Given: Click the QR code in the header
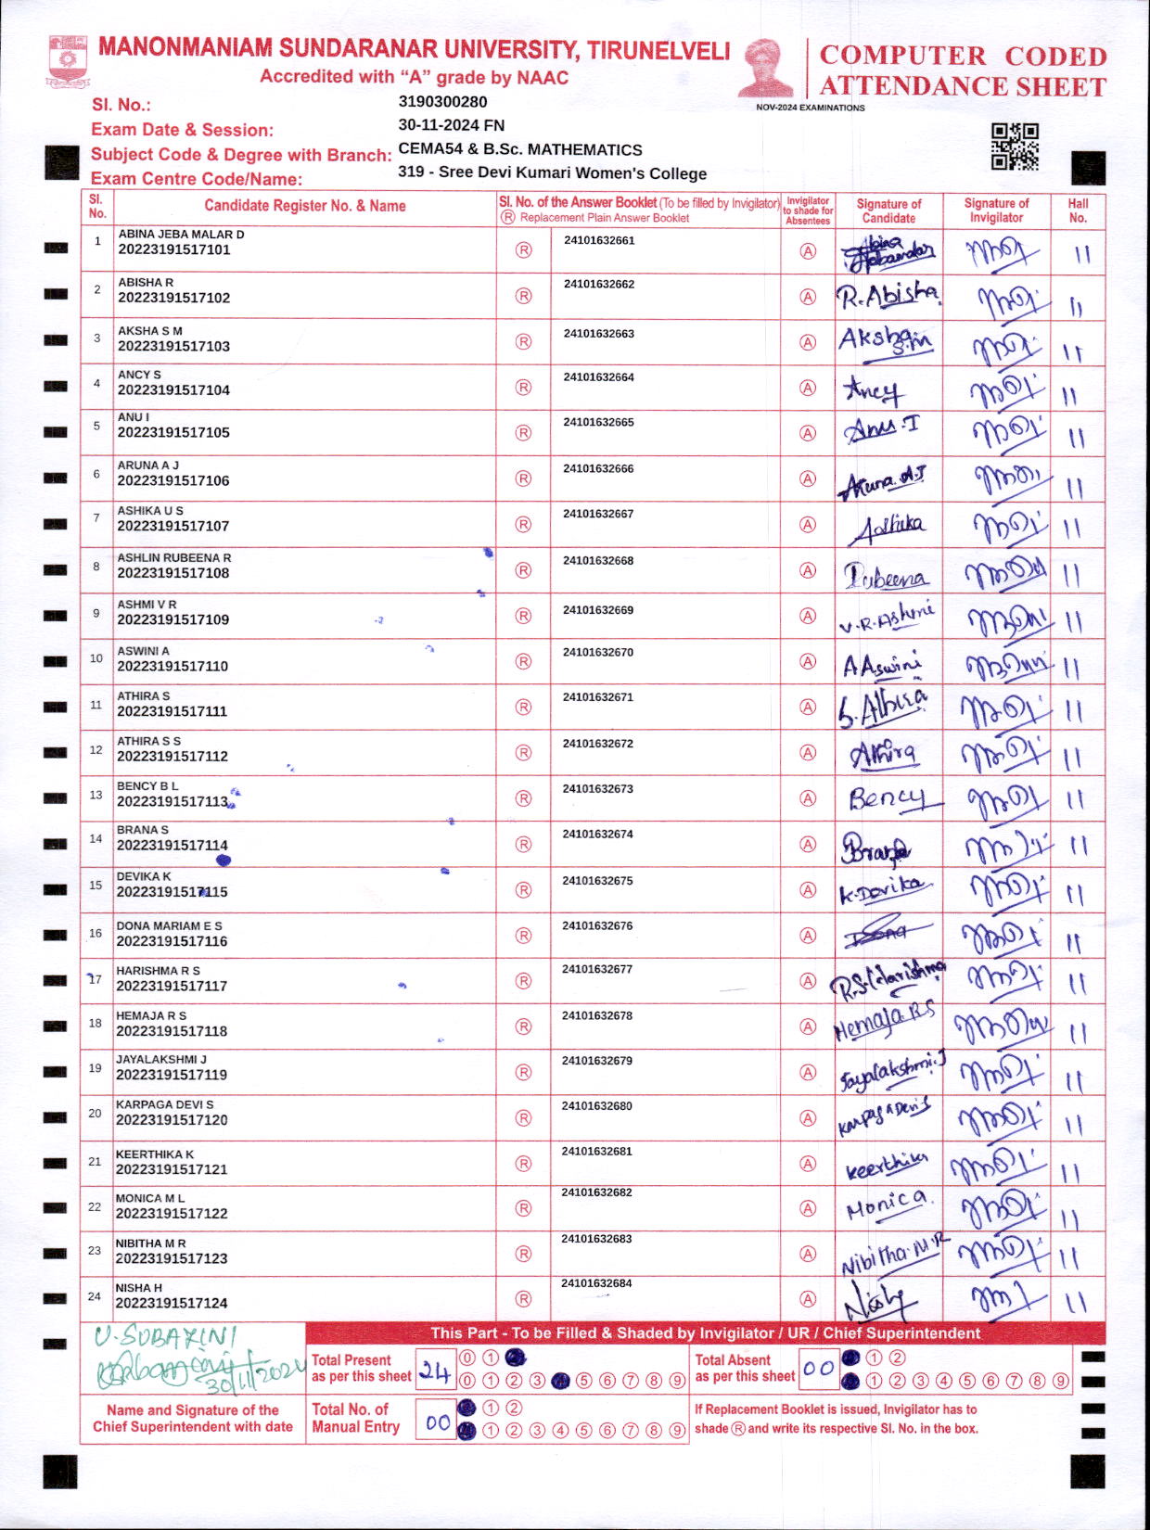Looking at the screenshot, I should pyautogui.click(x=1015, y=147).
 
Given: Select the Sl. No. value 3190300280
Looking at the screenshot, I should pyautogui.click(x=442, y=102).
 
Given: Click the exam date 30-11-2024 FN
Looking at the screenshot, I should pyautogui.click(x=451, y=125).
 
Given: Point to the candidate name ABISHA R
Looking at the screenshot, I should pyautogui.click(x=146, y=282).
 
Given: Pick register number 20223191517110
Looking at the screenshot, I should pyautogui.click(x=172, y=667).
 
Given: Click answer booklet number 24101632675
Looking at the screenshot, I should pyautogui.click(x=597, y=881).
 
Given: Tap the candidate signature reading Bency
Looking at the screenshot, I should pyautogui.click(x=886, y=798).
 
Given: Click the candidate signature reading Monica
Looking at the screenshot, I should pyautogui.click(x=887, y=1205).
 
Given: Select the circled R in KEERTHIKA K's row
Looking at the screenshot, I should pyautogui.click(x=523, y=1164).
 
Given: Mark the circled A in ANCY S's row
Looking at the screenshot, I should pyautogui.click(x=808, y=389).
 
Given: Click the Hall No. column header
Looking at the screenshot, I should pyautogui.click(x=1078, y=210).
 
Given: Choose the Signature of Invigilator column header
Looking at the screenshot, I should pyautogui.click(x=996, y=210).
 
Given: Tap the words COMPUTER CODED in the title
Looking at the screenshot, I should pyautogui.click(x=963, y=56).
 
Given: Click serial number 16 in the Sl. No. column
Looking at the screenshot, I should pyautogui.click(x=96, y=934).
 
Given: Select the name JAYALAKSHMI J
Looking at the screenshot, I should pyautogui.click(x=161, y=1059).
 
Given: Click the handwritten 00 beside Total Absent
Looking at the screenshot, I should pyautogui.click(x=818, y=1369).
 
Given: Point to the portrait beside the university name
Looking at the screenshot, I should pyautogui.click(x=766, y=68).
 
